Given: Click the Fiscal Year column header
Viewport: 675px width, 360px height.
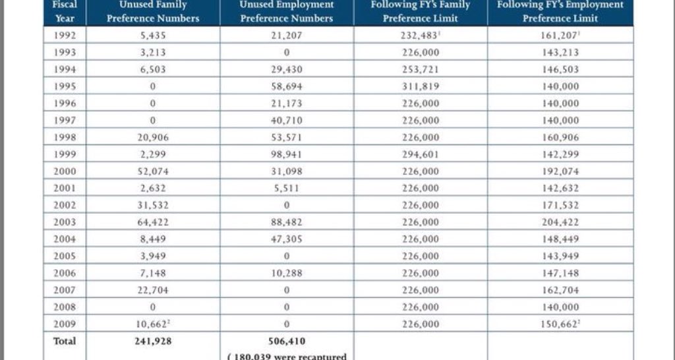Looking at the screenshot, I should pyautogui.click(x=65, y=11).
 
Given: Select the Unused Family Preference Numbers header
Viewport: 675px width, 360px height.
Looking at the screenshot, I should pyautogui.click(x=153, y=11).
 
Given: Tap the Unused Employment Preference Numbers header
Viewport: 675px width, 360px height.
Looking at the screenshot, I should pyautogui.click(x=286, y=11).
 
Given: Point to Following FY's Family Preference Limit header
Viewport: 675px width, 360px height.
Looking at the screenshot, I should pyautogui.click(x=420, y=11).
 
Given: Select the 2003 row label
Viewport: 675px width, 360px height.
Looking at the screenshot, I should pyautogui.click(x=65, y=222).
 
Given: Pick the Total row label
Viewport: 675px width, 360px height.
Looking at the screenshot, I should pyautogui.click(x=65, y=341).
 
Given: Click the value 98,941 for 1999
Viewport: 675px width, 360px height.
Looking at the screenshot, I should pyautogui.click(x=286, y=154).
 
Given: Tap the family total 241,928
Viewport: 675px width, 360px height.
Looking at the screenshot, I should pyautogui.click(x=153, y=341).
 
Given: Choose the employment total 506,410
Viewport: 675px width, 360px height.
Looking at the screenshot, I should pyautogui.click(x=286, y=341).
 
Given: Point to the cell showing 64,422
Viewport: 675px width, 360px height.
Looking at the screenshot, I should pyautogui.click(x=153, y=222).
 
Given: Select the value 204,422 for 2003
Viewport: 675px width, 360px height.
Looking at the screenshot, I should pyautogui.click(x=560, y=222).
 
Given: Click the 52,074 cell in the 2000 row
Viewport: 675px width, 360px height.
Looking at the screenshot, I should pyautogui.click(x=153, y=171).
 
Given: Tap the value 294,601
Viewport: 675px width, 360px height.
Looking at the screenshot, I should pyautogui.click(x=420, y=154).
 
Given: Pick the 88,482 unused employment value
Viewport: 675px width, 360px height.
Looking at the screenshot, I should pyautogui.click(x=286, y=222).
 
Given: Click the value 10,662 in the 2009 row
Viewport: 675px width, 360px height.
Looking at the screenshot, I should pyautogui.click(x=153, y=324).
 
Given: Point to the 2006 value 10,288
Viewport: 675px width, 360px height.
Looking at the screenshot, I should pyautogui.click(x=286, y=273).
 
